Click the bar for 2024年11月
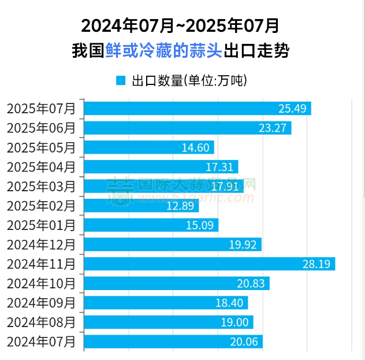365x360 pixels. point(210,264)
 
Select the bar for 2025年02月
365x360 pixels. point(141,206)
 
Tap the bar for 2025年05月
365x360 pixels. point(149,147)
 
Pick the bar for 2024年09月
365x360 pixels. point(166,303)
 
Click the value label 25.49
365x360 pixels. point(292,109)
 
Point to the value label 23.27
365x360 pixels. point(273,128)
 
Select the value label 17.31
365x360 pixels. point(219,167)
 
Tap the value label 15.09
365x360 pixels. point(200,225)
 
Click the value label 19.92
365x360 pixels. point(243,245)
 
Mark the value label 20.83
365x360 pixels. point(251,284)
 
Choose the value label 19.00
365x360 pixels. point(234,322)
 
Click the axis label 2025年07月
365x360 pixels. point(41,109)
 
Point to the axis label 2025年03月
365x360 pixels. point(41,187)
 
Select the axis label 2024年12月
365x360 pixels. point(41,245)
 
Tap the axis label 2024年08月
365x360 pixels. point(41,322)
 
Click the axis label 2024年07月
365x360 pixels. point(41,342)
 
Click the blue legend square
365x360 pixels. point(121,80)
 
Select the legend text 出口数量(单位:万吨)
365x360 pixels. point(189,80)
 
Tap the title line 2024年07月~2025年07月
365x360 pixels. point(180,25)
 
